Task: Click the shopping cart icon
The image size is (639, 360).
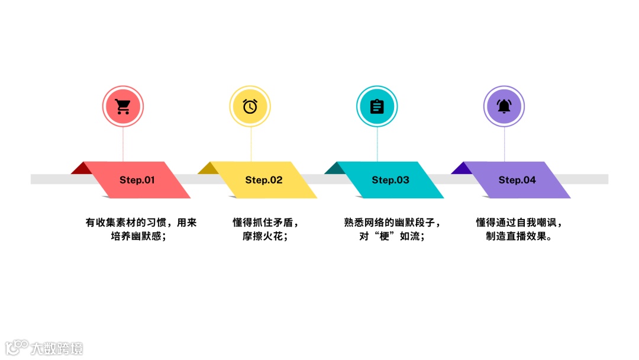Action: point(123,107)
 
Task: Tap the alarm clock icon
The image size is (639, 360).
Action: point(250,107)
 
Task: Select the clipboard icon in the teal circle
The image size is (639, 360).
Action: point(377,107)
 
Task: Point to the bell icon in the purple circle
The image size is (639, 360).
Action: point(504,107)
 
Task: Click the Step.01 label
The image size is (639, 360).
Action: point(137,180)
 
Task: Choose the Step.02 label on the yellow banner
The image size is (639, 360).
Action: point(264,180)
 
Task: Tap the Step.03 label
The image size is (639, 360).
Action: point(390,180)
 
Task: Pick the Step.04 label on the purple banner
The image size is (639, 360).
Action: point(517,180)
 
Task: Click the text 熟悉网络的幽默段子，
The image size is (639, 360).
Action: point(393,223)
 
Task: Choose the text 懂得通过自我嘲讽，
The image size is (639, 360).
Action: point(519,223)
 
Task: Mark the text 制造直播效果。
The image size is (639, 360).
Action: point(519,236)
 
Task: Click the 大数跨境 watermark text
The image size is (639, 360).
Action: point(57,348)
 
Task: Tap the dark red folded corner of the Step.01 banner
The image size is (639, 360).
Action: point(82,169)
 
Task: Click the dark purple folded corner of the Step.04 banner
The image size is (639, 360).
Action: point(461,169)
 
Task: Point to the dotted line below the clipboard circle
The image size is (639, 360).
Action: point(377,144)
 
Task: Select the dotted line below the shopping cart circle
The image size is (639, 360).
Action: point(123,144)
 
